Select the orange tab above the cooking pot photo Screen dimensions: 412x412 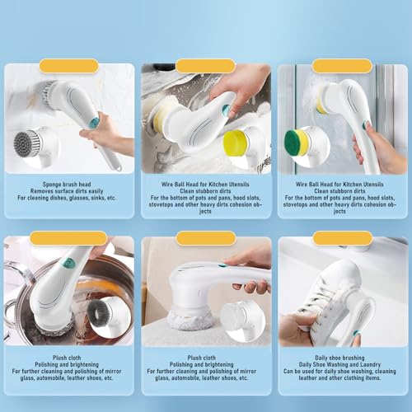click(68, 238)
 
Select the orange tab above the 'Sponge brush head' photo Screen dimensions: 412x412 click(68, 65)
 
